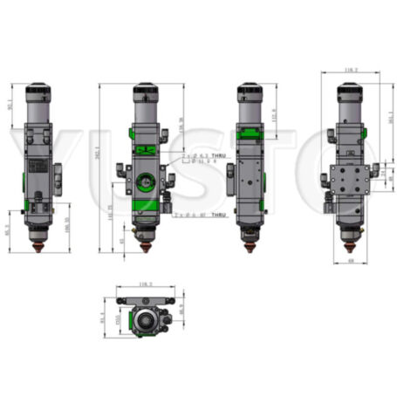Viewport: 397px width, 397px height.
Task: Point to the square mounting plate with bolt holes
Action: click(353, 181)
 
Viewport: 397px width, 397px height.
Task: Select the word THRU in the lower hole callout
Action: click(218, 215)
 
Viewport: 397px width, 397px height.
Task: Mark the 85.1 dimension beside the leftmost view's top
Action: click(10, 105)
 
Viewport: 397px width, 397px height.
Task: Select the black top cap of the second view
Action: click(146, 90)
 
